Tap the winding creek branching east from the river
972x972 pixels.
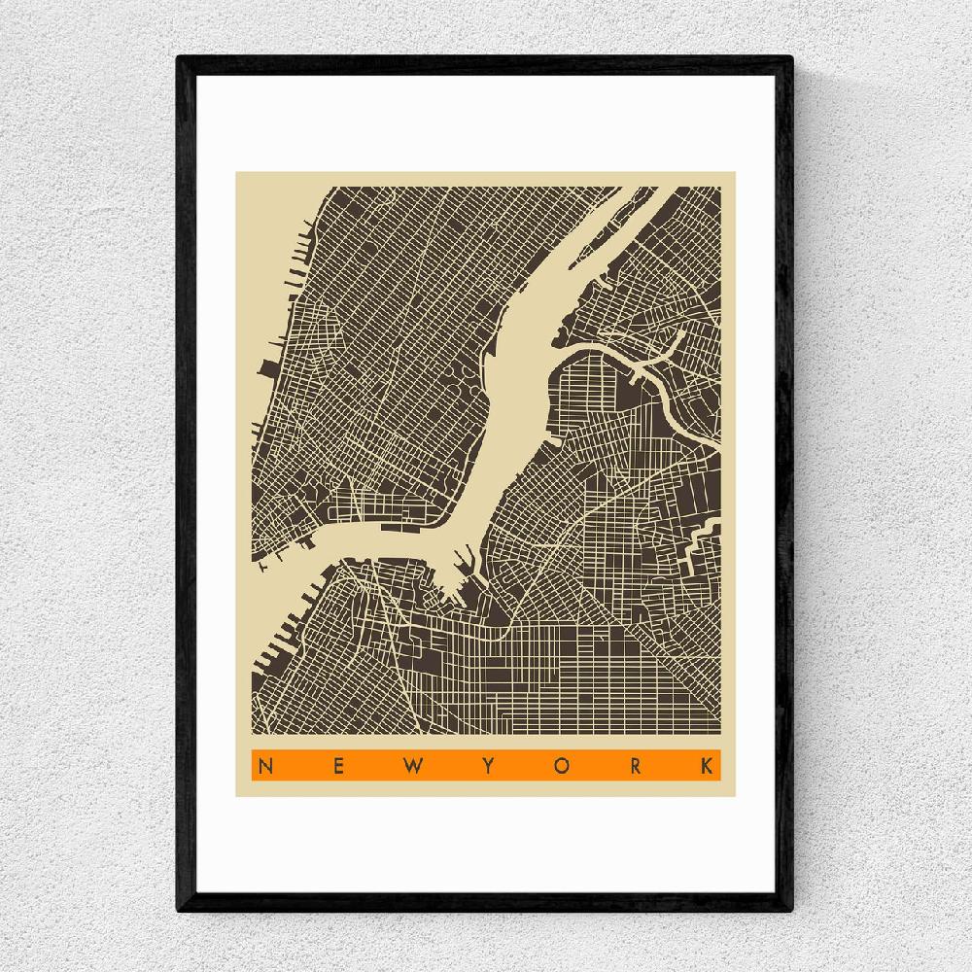[622, 358]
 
